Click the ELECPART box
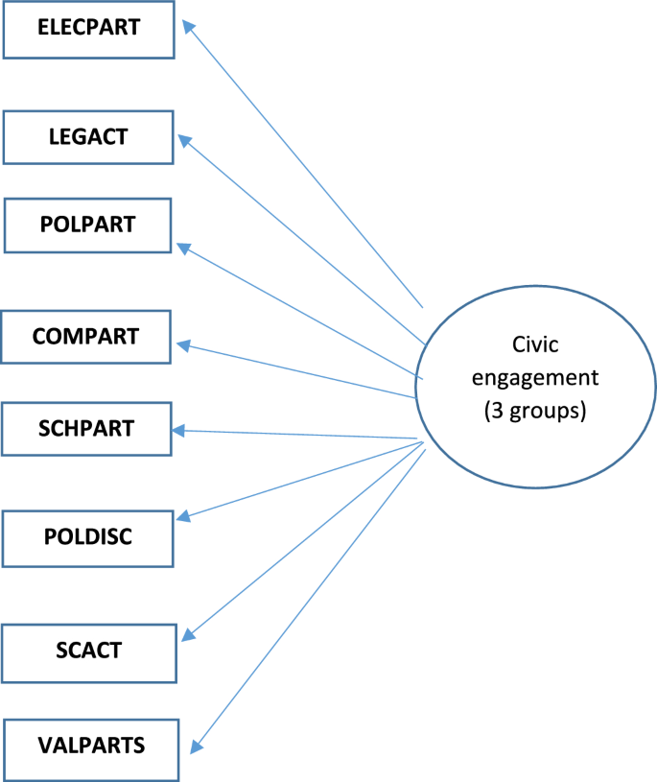(88, 28)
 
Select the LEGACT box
(88, 136)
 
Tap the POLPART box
(88, 225)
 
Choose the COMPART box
(85, 337)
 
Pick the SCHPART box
(86, 428)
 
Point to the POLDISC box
(88, 537)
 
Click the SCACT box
(88, 651)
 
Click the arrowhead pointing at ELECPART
(189, 30)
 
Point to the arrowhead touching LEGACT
(186, 141)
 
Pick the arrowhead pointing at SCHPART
(179, 431)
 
